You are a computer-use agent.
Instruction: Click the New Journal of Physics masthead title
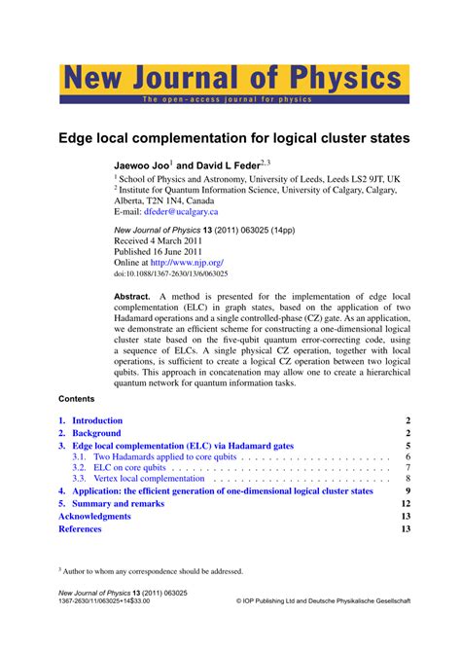(x=233, y=79)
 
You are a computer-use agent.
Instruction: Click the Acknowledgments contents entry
(x=94, y=516)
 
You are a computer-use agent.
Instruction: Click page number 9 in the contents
(x=408, y=491)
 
